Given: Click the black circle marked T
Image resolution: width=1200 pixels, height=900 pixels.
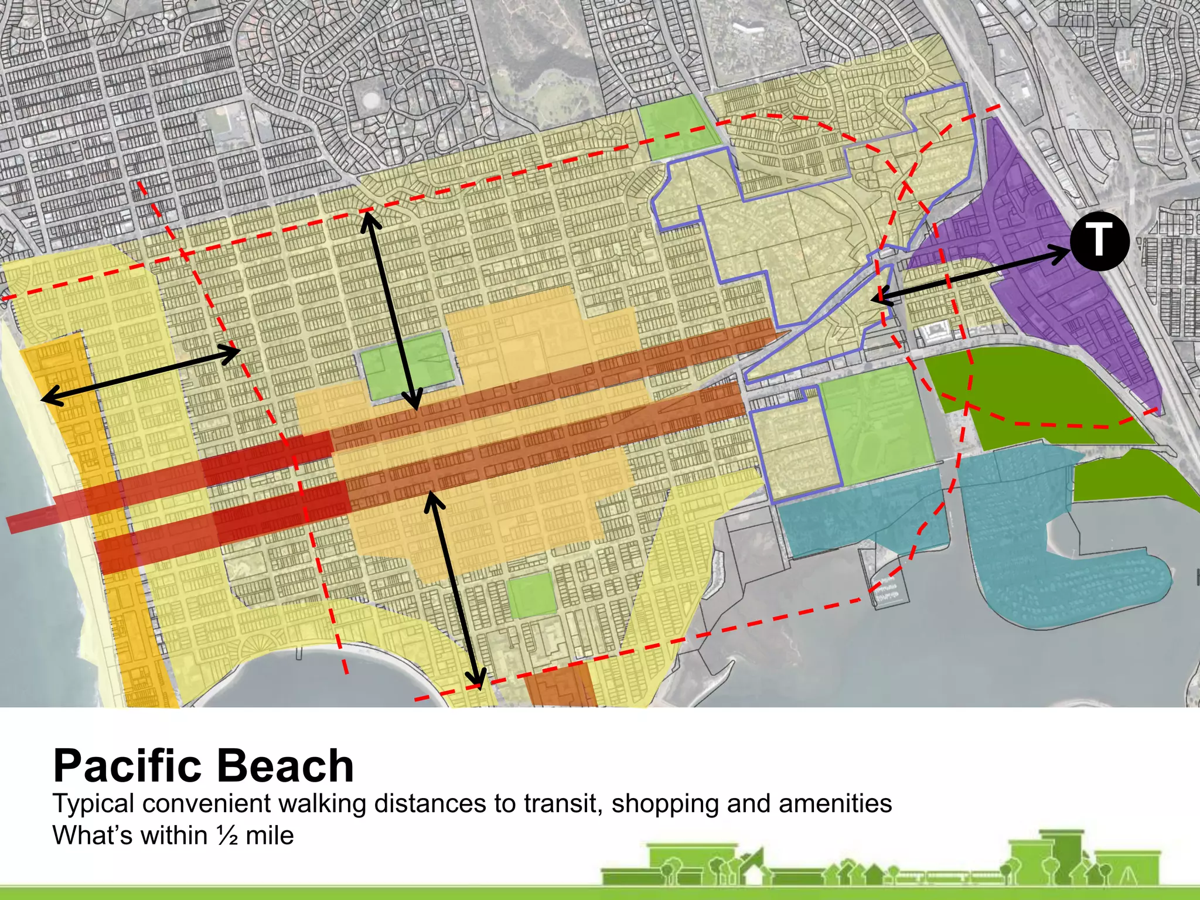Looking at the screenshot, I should [1099, 241].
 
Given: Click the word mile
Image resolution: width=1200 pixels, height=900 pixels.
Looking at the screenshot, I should [270, 836].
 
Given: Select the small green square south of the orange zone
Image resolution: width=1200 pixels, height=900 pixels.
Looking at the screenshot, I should [531, 595].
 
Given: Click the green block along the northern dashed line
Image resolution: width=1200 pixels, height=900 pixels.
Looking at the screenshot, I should [677, 126].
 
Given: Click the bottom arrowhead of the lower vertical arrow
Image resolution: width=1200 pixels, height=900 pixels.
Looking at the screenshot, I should [478, 680].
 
